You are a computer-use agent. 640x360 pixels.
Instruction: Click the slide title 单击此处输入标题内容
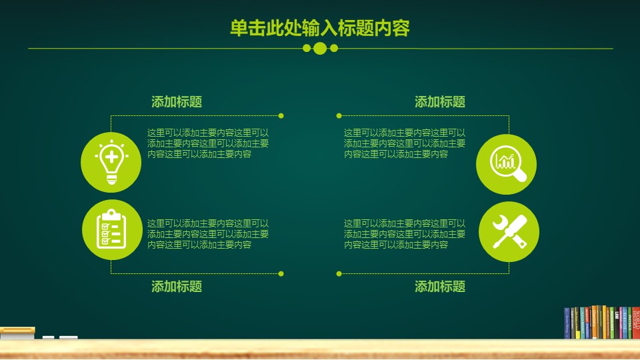coord(319,27)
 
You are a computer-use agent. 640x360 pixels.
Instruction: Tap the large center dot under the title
coord(320,48)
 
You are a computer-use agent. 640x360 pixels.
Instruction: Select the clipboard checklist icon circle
coord(111,229)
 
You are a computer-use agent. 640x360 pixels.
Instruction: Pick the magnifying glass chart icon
coord(507,164)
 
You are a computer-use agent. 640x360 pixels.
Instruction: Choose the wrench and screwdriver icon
coord(509,231)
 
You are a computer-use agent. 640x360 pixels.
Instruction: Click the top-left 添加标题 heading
coord(177,102)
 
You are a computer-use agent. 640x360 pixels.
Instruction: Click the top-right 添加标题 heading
coord(440,102)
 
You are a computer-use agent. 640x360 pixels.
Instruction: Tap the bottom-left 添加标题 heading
coord(177,287)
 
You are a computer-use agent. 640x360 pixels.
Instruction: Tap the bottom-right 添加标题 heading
coord(440,287)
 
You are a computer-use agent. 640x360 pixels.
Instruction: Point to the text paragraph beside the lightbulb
coord(208,143)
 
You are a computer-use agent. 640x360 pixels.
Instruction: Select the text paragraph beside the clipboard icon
coord(208,234)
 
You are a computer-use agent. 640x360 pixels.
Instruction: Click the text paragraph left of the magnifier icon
coord(405,143)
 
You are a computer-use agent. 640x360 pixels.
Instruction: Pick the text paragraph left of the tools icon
coord(405,234)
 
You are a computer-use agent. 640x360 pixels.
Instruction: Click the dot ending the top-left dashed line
coord(281,115)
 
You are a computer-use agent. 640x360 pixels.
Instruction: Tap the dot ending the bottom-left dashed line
coord(281,273)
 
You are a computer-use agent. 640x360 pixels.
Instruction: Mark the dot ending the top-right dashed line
coord(339,115)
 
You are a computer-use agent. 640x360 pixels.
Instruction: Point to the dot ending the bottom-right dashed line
coord(339,273)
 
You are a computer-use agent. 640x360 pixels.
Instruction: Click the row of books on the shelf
coord(601,323)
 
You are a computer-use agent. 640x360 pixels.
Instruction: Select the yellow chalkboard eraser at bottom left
coord(17,330)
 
